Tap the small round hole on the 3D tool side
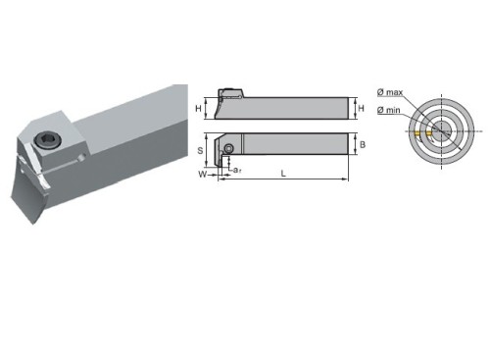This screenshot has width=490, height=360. (83, 157)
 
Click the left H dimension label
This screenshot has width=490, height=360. (198, 108)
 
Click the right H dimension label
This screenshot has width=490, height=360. (361, 108)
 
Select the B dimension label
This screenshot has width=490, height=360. (363, 144)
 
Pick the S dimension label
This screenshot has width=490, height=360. (200, 151)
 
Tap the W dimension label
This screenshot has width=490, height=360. (203, 175)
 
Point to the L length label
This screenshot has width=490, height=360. (283, 174)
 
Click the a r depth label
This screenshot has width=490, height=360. (237, 170)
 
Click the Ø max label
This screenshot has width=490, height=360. (390, 92)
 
